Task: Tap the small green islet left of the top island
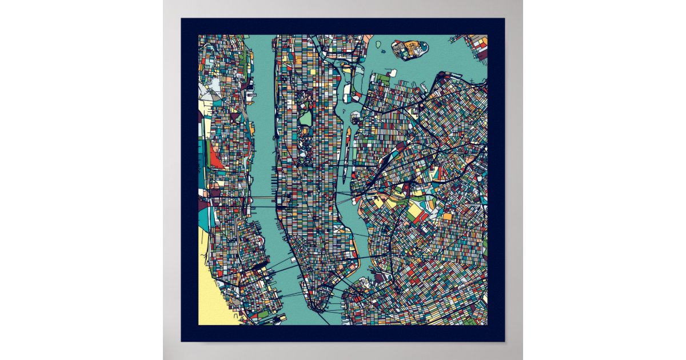[x=378, y=43]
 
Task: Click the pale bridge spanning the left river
[x=263, y=197]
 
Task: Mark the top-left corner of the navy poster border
[x=182, y=19]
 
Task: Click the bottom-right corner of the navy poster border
[x=504, y=341]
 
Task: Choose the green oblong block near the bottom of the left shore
[x=263, y=314]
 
